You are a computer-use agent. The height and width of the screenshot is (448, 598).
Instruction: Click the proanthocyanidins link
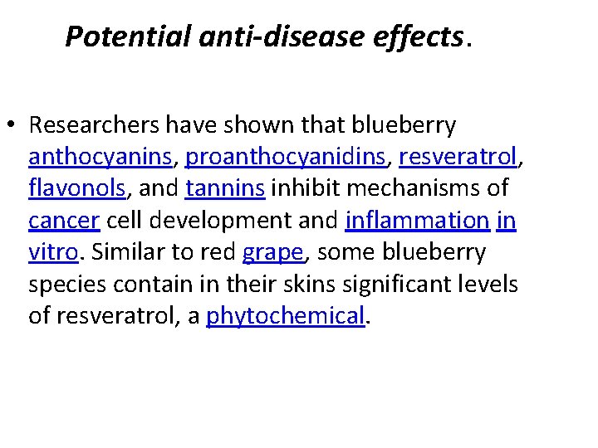pos(287,157)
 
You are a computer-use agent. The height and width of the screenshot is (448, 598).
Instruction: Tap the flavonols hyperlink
pos(77,188)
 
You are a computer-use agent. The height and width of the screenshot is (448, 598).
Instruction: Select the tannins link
pos(225,188)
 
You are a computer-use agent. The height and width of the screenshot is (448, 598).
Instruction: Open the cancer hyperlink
pos(64,220)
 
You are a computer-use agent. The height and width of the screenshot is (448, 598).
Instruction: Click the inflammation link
pos(417,220)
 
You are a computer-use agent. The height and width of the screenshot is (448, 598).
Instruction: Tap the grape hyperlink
pos(272,251)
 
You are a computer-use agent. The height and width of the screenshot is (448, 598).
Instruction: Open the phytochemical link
pos(285,315)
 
